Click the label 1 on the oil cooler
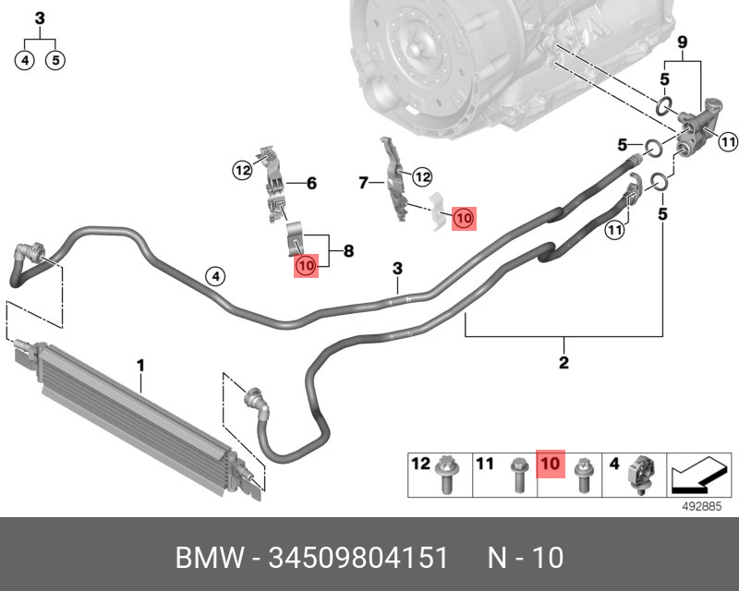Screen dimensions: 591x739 point(140,367)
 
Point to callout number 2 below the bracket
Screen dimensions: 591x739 point(563,362)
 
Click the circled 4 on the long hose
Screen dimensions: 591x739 point(214,276)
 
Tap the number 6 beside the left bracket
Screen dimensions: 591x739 point(311,184)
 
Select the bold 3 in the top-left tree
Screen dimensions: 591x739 point(40,18)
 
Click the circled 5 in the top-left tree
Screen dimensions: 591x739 point(56,61)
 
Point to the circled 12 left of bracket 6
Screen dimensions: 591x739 point(242,169)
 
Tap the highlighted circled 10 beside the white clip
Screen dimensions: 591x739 point(463,218)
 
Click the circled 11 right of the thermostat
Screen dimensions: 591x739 point(728,141)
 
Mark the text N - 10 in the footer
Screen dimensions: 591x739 point(525,558)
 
